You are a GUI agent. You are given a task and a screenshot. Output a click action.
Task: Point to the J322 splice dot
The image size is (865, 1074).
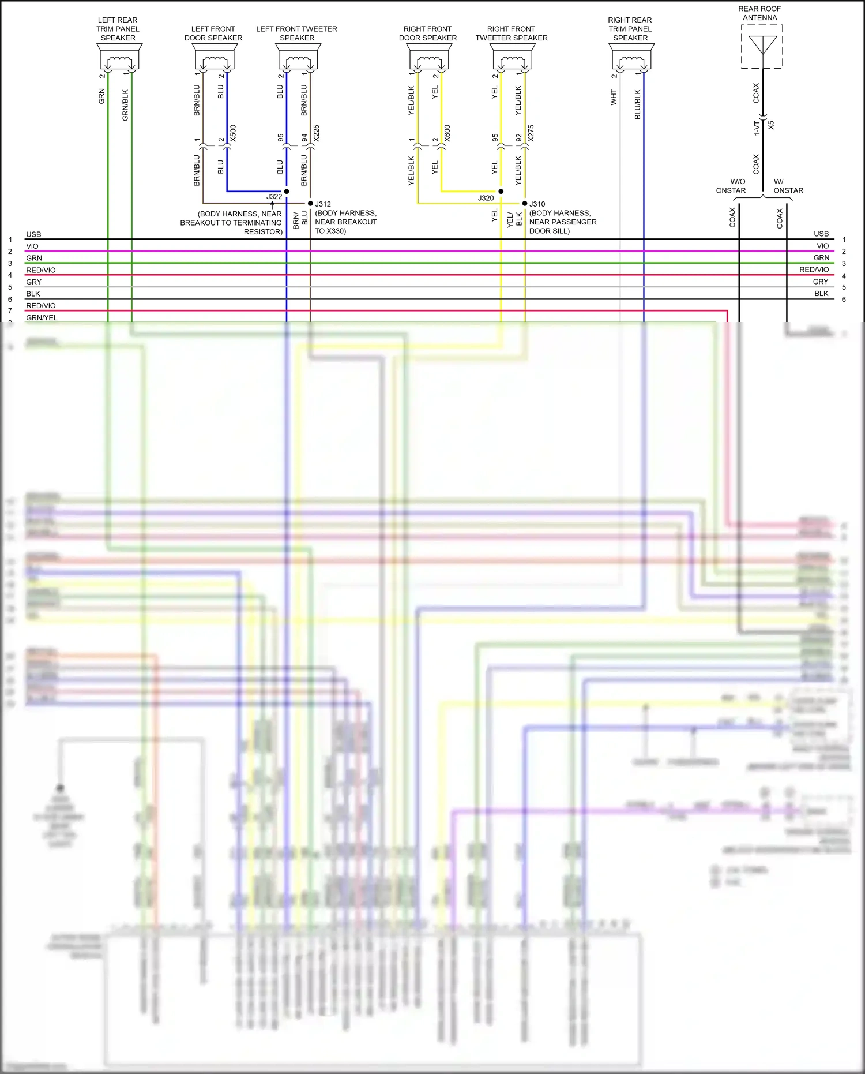(287, 191)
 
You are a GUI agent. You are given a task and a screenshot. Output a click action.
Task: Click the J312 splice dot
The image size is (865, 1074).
(310, 203)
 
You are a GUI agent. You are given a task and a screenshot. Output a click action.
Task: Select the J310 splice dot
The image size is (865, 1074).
(525, 203)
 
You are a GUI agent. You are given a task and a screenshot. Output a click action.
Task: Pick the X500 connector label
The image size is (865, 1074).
(233, 133)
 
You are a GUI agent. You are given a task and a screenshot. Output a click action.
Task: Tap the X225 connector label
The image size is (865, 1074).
(316, 133)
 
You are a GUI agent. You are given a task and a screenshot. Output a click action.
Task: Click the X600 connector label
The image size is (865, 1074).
(447, 133)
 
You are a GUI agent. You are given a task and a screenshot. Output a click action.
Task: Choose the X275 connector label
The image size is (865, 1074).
(531, 133)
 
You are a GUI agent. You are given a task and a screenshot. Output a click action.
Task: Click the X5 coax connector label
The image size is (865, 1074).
(771, 125)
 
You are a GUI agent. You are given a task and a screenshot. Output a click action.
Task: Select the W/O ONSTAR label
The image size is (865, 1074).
(731, 186)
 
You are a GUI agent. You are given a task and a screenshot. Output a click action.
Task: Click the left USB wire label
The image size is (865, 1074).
(33, 234)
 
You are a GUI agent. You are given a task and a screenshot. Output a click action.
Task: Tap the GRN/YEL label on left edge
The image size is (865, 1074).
(42, 317)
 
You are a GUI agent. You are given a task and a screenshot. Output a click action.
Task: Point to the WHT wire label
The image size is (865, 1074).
(614, 97)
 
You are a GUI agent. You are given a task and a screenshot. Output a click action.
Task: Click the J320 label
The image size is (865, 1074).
(486, 198)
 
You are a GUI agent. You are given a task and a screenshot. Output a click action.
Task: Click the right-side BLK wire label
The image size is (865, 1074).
(821, 294)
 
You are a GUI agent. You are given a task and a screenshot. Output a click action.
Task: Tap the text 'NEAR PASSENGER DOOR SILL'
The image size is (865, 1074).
(562, 226)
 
